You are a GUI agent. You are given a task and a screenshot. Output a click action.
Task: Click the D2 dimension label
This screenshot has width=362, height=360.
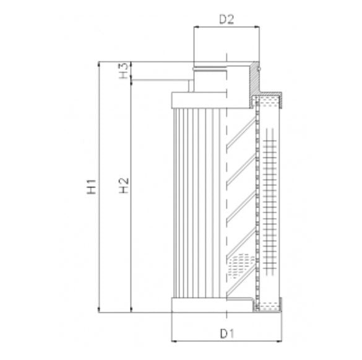coord(226,19)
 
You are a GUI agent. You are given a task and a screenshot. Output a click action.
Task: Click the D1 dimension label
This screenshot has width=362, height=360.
coord(226,333)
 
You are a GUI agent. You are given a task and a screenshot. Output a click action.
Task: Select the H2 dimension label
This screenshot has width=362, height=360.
coord(124,184)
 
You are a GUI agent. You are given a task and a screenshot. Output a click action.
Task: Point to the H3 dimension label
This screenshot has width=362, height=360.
coord(124,71)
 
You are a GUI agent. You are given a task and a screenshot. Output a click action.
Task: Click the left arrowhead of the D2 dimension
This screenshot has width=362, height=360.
coord(197,27)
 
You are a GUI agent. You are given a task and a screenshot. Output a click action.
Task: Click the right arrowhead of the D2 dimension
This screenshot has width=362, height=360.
coord(255,27)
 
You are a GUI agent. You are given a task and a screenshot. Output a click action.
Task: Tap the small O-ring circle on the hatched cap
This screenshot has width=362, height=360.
coord(261,68)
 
